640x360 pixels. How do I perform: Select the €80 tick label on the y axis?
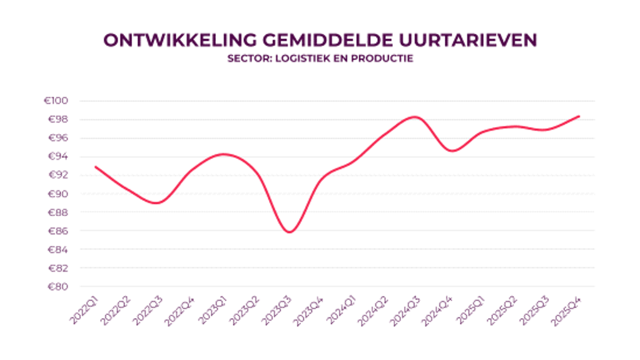(61, 287)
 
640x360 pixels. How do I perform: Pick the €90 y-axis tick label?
(61, 194)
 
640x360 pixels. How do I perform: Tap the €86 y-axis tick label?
(61, 231)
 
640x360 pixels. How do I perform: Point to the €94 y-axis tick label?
(61, 157)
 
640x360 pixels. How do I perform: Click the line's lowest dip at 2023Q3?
(289, 232)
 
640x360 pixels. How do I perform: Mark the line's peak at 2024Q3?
(415, 117)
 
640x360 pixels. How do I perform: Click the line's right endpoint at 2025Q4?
(579, 116)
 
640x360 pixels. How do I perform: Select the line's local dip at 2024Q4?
(452, 151)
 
